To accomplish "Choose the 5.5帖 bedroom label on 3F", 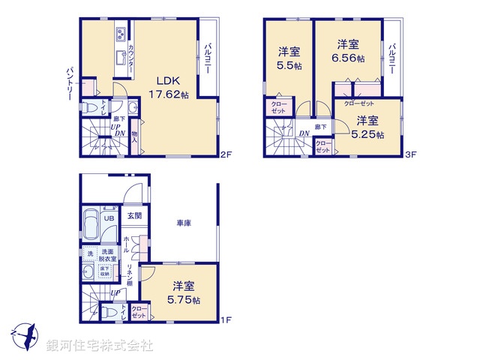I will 289,58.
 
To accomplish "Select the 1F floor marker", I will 226,320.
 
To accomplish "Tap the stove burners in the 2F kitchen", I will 120,33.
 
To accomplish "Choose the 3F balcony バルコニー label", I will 392,55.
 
